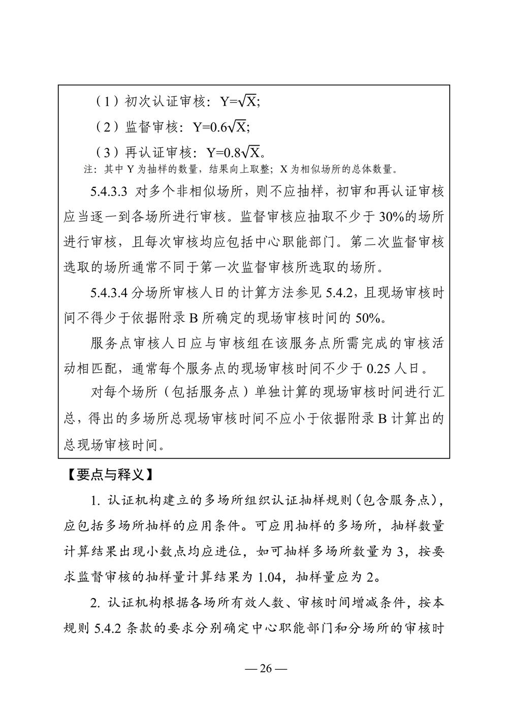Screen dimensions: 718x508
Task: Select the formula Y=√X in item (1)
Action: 239,102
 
